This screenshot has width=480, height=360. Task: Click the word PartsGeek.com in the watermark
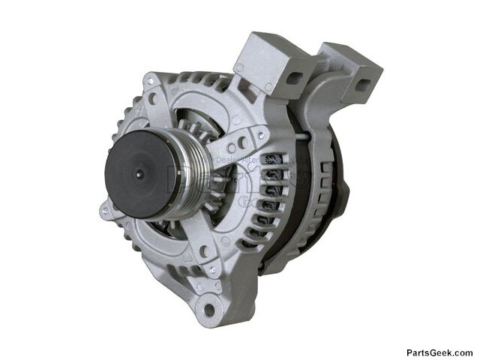(x=439, y=352)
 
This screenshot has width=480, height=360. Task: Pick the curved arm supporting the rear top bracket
(x=322, y=112)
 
